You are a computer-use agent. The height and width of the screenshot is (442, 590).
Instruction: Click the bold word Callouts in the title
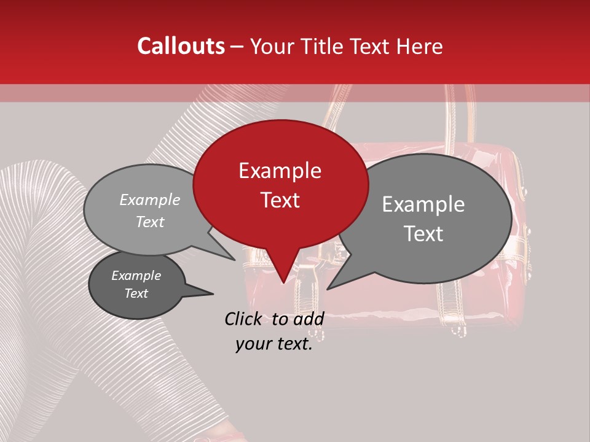pyautogui.click(x=181, y=46)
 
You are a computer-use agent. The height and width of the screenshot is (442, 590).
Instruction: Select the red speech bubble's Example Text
pyautogui.click(x=280, y=185)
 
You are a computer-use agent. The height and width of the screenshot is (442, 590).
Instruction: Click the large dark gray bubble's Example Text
pyautogui.click(x=423, y=219)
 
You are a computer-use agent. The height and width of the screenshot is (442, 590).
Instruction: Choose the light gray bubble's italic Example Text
pyautogui.click(x=150, y=211)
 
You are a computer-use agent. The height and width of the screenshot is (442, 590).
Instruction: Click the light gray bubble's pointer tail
pyautogui.click(x=232, y=258)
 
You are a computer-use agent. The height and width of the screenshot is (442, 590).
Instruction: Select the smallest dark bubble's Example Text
pyautogui.click(x=136, y=284)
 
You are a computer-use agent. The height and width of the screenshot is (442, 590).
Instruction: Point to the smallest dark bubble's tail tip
pyautogui.click(x=212, y=293)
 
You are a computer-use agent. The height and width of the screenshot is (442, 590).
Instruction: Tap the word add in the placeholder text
pyautogui.click(x=309, y=319)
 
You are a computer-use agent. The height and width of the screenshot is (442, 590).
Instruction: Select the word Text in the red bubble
pyautogui.click(x=280, y=200)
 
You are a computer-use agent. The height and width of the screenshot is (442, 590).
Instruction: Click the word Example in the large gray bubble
pyautogui.click(x=423, y=204)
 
